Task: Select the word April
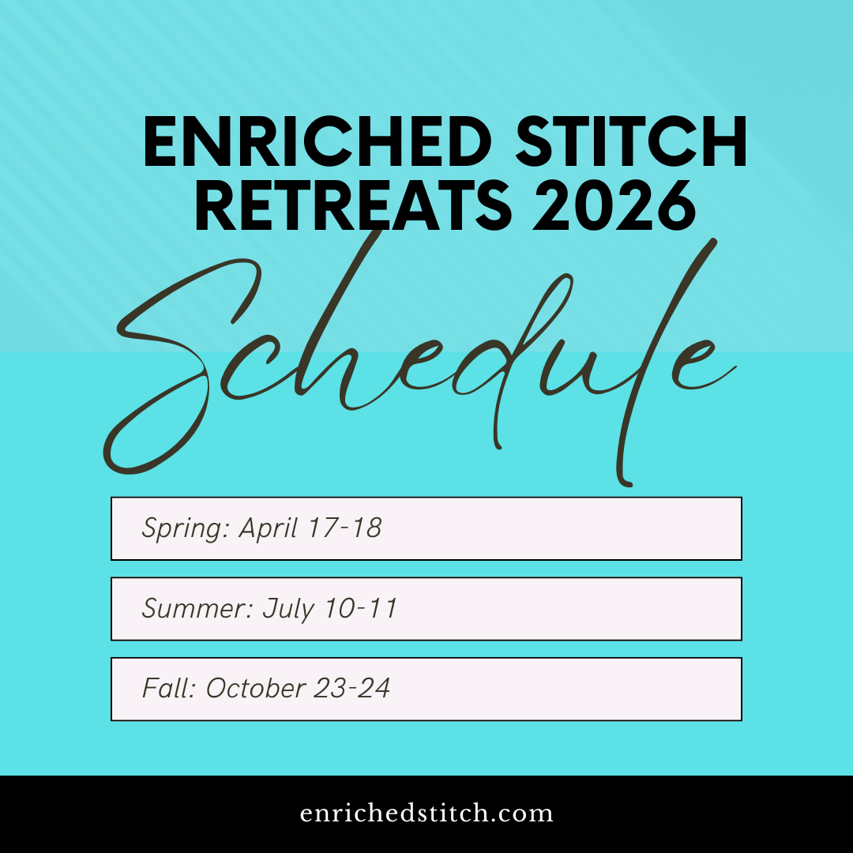(270, 528)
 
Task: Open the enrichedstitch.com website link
(426, 814)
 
